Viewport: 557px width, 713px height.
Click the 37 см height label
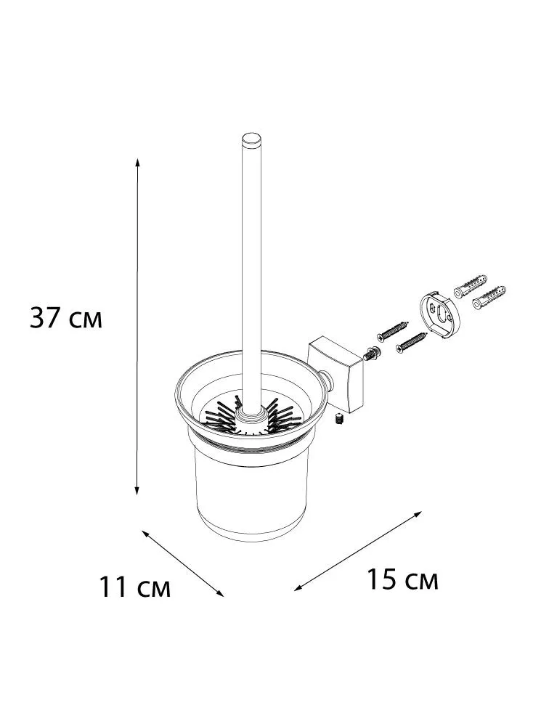click(66, 317)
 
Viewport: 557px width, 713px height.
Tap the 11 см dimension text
click(135, 587)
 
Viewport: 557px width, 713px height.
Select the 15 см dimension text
click(402, 579)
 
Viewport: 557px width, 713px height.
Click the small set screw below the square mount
click(338, 419)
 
